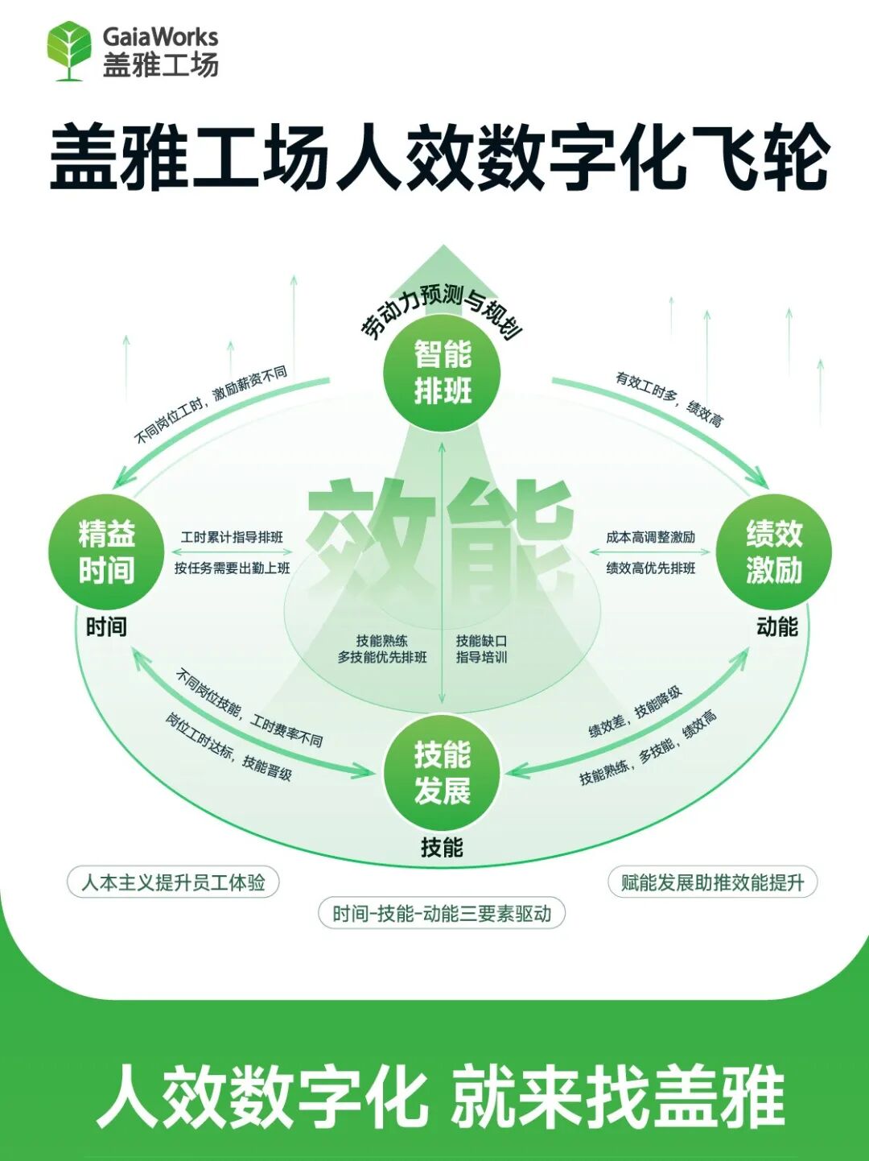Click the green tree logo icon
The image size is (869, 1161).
pos(69,50)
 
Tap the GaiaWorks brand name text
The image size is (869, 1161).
pos(160,36)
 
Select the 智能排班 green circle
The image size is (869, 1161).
pos(442,372)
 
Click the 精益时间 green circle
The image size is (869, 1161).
pos(106,552)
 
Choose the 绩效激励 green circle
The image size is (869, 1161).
pos(773,552)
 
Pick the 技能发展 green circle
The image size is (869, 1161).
pos(442,773)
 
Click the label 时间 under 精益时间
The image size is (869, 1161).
pos(106,626)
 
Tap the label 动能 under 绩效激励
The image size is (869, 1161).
pos(776,626)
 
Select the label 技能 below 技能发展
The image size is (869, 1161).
pos(442,847)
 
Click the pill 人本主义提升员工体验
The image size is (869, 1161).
pos(173,882)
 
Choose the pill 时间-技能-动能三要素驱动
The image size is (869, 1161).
pos(442,914)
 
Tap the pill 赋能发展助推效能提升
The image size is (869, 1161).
pos(712,882)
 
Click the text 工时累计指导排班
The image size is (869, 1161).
pos(232,537)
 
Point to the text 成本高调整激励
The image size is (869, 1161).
pos(650,537)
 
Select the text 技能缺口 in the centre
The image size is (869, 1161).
pos(481,641)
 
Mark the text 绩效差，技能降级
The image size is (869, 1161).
pos(635,712)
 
